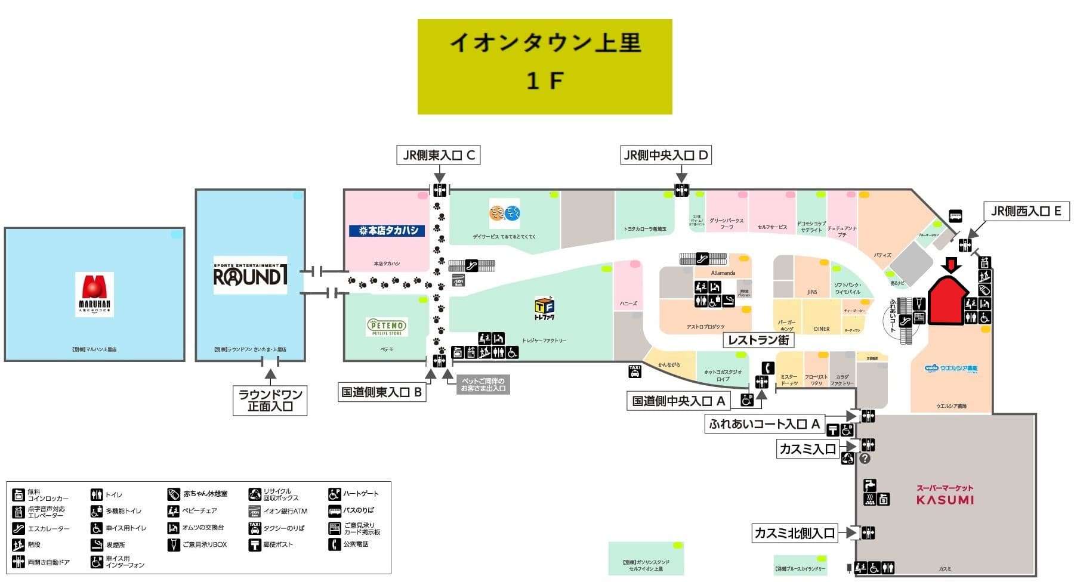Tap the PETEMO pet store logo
pyautogui.click(x=387, y=327)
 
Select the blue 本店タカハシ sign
pyautogui.click(x=387, y=230)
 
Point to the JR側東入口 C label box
pyautogui.click(x=439, y=156)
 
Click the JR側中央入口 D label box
pyautogui.click(x=665, y=156)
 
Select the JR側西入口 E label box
pyautogui.click(x=1026, y=211)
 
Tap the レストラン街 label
pyautogui.click(x=758, y=340)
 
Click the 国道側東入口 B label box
pyautogui.click(x=382, y=392)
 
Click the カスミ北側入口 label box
pyautogui.click(x=795, y=533)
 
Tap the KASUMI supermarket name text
pyautogui.click(x=945, y=500)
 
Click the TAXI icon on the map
pyautogui.click(x=635, y=372)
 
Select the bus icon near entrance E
pyautogui.click(x=955, y=216)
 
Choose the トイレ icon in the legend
pyautogui.click(x=96, y=495)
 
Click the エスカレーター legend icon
pyautogui.click(x=18, y=528)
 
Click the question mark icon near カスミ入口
pyautogui.click(x=865, y=459)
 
